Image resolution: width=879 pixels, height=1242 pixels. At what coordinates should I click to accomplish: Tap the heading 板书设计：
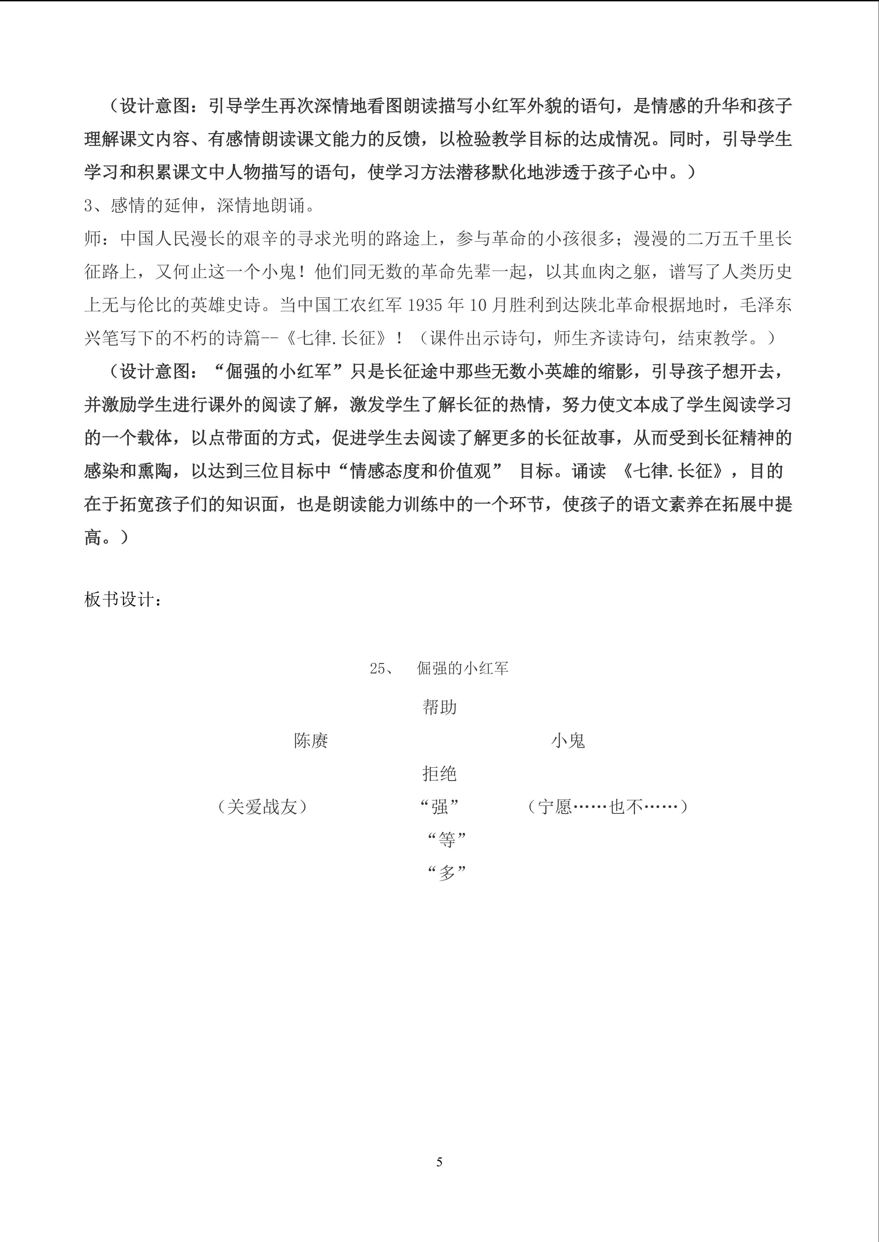tap(122, 599)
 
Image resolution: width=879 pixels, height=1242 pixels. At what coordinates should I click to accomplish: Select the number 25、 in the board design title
tap(382, 669)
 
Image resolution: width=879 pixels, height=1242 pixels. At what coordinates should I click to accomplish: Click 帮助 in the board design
tap(439, 707)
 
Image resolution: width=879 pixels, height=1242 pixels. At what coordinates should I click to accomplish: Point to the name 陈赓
tap(311, 741)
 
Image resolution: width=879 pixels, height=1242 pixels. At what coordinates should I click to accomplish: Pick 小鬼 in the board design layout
tap(568, 741)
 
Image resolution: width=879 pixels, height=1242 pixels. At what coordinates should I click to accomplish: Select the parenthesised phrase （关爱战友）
tap(262, 807)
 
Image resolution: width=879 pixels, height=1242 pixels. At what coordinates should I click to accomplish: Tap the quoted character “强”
tap(439, 807)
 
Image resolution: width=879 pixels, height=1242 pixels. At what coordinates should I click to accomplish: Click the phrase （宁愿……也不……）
tap(607, 807)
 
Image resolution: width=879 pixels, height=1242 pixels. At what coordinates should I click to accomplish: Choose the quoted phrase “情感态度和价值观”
tap(420, 471)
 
